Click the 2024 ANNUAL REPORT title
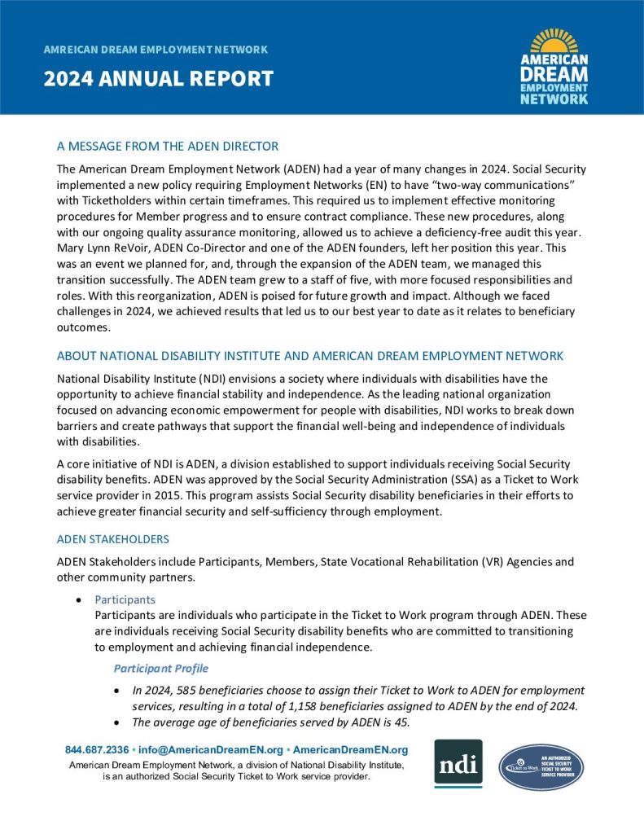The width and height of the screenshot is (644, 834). [159, 79]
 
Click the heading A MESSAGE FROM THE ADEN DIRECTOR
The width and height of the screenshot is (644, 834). [168, 147]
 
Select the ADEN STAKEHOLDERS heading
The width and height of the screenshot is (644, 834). [113, 539]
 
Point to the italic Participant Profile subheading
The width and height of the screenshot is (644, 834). [160, 669]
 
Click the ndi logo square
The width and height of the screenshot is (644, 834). [458, 763]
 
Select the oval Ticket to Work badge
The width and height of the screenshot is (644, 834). [541, 766]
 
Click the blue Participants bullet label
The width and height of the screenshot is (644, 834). [125, 599]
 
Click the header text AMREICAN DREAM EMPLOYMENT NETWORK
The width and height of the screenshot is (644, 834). [156, 50]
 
